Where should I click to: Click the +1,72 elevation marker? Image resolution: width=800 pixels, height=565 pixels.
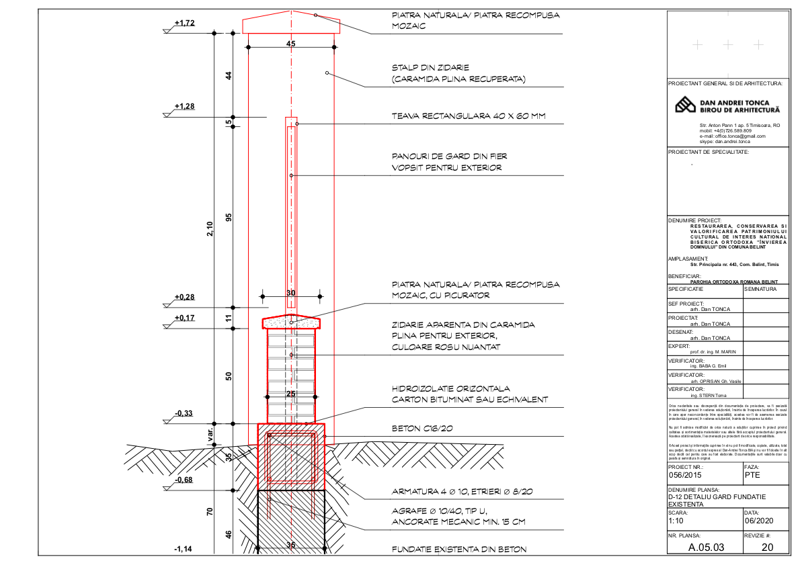(184, 23)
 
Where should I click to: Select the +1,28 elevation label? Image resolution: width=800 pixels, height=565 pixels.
(184, 107)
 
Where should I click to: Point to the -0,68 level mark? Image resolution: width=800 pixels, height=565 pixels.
(184, 480)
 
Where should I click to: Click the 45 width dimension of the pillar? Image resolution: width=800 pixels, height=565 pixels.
(290, 44)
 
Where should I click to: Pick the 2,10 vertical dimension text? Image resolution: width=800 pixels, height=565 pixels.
(210, 229)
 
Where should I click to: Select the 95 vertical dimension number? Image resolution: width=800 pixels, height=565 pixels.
(229, 218)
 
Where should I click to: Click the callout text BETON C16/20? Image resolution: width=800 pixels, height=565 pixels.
(422, 428)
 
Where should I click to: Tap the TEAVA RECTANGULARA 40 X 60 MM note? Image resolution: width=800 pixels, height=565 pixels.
(469, 116)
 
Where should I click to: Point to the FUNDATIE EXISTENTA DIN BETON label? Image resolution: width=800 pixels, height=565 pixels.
(458, 550)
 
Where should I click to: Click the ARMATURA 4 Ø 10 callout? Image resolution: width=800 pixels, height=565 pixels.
(463, 492)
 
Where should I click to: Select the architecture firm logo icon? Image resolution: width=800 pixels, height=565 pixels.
(685, 105)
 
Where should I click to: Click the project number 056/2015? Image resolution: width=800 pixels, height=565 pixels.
(686, 474)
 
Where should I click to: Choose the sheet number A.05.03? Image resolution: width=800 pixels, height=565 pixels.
(706, 547)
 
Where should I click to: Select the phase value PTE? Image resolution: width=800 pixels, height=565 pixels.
(753, 474)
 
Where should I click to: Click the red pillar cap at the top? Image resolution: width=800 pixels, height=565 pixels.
(291, 24)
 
